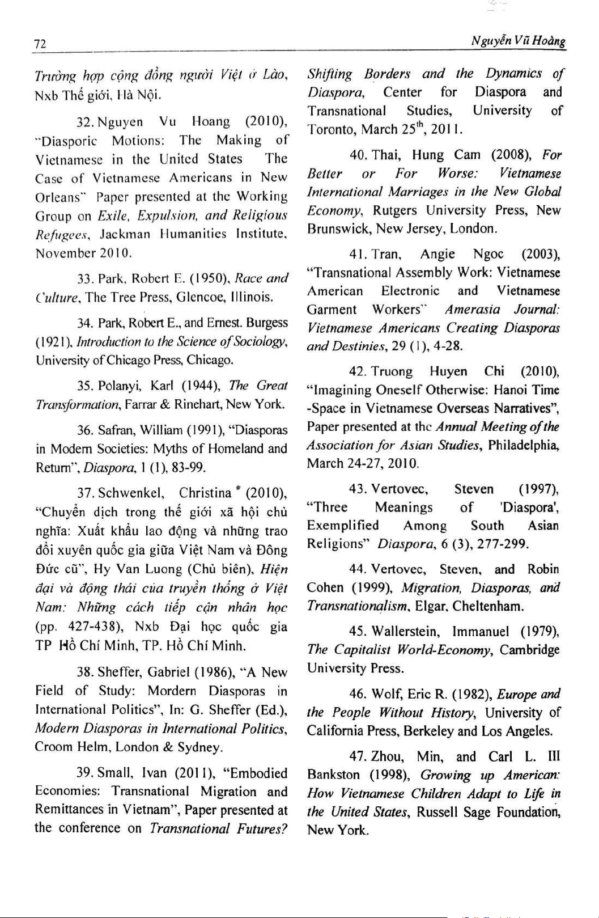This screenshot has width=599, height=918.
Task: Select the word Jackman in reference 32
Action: [125, 234]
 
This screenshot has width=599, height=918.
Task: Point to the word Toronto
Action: [332, 129]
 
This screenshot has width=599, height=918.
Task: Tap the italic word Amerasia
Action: [473, 310]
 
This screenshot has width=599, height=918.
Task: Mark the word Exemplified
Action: [342, 526]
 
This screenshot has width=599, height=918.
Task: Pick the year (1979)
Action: [539, 632]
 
